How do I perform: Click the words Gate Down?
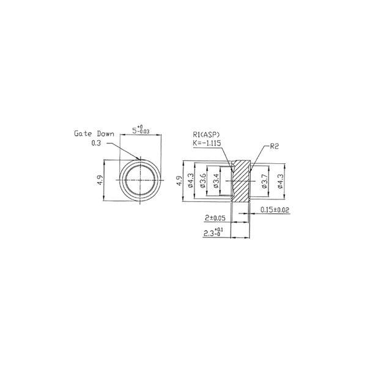pos(94,134)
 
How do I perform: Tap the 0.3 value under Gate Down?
pos(96,143)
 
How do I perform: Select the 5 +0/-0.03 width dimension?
pos(141,130)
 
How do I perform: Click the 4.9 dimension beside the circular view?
pos(100,180)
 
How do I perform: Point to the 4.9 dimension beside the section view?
pos(179,180)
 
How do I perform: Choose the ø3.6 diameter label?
pos(203,180)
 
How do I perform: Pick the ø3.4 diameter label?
pos(217,180)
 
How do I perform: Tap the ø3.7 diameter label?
pos(264,180)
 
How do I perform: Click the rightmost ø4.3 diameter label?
pos(280,180)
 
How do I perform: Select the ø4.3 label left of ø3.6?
pos(190,180)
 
